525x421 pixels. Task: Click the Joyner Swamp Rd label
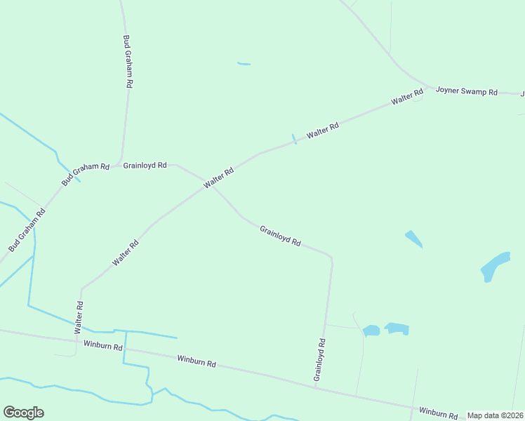466,91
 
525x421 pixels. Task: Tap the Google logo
23,413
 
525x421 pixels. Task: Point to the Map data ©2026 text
496,415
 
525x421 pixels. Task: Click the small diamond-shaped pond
414,239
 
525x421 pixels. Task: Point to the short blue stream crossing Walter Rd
294,139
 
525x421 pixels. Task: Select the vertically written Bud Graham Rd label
128,61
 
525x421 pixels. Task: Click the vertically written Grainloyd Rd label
320,359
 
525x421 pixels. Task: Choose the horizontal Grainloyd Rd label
145,166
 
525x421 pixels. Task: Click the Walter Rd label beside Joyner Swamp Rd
407,97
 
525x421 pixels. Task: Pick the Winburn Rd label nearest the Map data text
438,413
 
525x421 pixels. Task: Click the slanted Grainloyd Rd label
280,235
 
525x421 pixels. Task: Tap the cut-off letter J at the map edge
521,93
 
